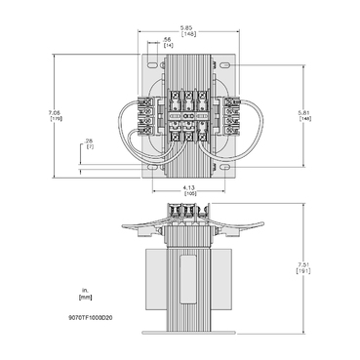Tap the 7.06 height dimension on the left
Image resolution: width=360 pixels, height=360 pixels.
pyautogui.click(x=56, y=116)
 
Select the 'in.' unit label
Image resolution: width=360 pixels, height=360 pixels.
pyautogui.click(x=86, y=289)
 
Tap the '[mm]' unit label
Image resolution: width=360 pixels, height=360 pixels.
pyautogui.click(x=86, y=298)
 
